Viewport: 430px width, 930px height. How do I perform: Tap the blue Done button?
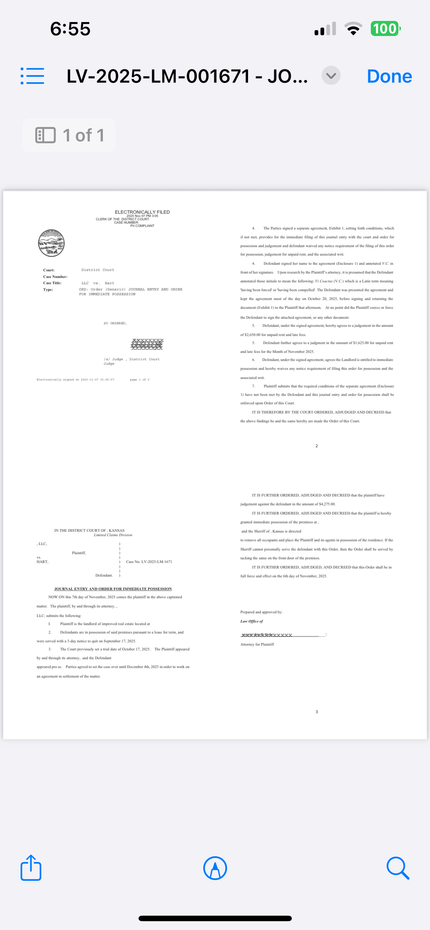coord(389,76)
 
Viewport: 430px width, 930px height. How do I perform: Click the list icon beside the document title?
coord(32,76)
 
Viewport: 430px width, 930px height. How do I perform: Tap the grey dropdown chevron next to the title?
coord(331,76)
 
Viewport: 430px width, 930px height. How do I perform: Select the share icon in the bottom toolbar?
coord(31,868)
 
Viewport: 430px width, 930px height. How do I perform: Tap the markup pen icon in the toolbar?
coord(215,868)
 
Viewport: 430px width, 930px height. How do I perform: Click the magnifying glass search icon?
coord(398,868)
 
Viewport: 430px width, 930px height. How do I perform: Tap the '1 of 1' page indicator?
coord(69,135)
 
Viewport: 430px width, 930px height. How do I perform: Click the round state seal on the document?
coord(51,243)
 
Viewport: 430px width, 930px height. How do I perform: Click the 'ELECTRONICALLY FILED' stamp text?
coord(142,212)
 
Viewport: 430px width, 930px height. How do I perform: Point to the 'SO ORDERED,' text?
coord(115,323)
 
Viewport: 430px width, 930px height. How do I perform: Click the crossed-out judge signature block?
coord(147,344)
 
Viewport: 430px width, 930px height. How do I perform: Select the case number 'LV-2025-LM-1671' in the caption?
coord(149,562)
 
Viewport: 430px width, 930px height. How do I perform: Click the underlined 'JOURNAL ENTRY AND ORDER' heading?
coord(113,589)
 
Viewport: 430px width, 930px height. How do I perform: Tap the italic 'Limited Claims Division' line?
coord(113,535)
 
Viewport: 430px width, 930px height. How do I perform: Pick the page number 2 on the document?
coord(316,446)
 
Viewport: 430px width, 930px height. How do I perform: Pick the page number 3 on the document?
coord(316,712)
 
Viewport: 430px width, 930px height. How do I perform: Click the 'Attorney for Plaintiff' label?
coord(257,644)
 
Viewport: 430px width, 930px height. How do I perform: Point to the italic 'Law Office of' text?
coord(252,621)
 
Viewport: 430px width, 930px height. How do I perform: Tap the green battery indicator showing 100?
coord(385,29)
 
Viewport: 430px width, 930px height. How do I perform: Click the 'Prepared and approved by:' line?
coord(261,612)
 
